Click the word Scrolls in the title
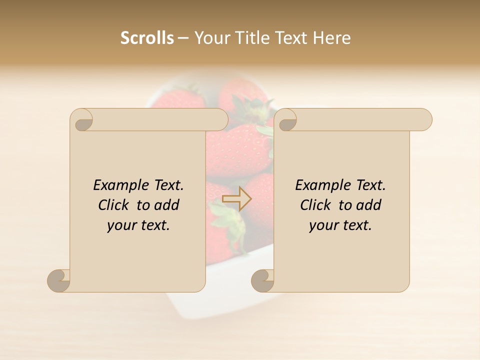point(147,38)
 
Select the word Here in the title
point(331,38)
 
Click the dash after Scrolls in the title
point(183,38)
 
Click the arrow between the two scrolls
point(236,198)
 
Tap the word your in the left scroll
point(120,225)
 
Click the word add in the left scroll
point(166,205)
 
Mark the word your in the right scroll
point(322,225)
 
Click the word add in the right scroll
point(368,205)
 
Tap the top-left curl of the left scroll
point(82,120)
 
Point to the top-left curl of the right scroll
point(286,120)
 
